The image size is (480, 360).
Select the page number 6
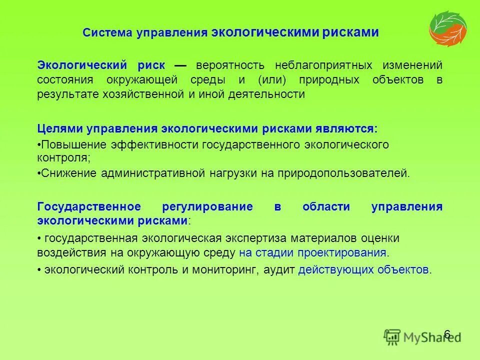pyautogui.click(x=447, y=334)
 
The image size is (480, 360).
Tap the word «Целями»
pyautogui.click(x=59, y=128)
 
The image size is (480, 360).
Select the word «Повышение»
pyautogui.click(x=69, y=144)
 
